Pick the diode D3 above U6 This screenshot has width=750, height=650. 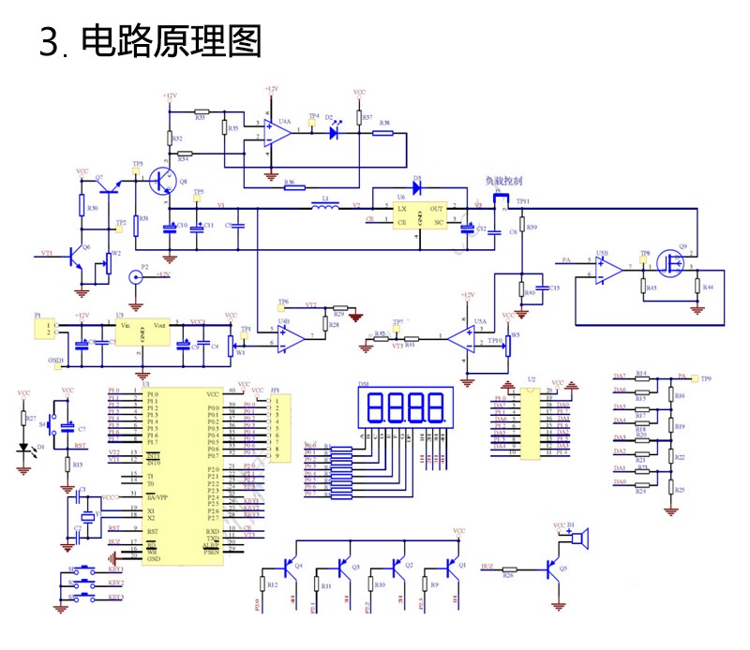[418, 186]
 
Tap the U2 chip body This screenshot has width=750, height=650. [532, 424]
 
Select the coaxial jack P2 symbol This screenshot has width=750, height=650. [134, 278]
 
